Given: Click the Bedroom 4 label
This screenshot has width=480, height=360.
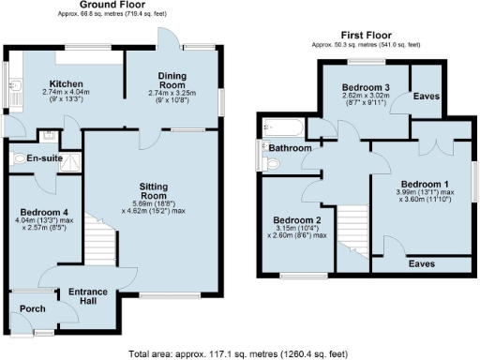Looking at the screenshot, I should [x=45, y=212].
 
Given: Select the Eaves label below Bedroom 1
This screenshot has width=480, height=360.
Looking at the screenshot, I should [x=422, y=264].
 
